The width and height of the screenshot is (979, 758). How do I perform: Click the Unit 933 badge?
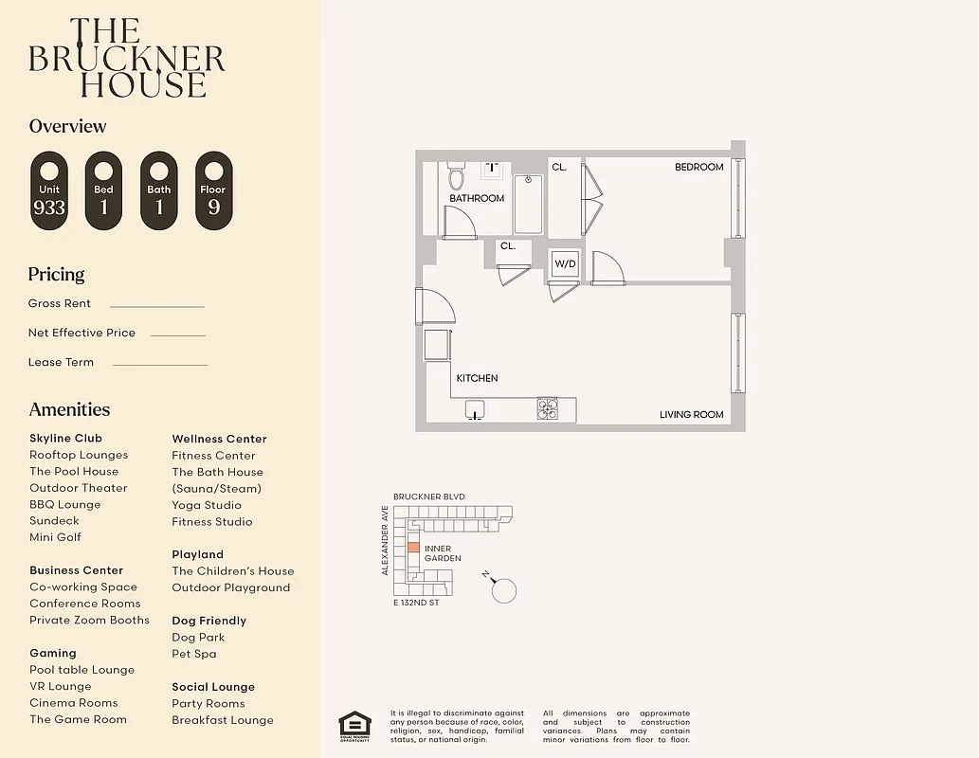click(x=49, y=191)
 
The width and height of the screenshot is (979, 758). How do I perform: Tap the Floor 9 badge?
click(x=213, y=191)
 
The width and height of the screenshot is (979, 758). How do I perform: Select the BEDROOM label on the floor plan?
click(x=698, y=167)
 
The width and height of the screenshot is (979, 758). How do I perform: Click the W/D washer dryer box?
click(x=565, y=262)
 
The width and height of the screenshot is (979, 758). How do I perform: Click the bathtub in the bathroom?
click(x=529, y=203)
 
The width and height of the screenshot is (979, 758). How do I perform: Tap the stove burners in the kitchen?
click(x=548, y=409)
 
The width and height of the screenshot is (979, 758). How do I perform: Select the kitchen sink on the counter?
click(x=476, y=409)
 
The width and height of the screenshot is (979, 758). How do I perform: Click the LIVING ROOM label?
click(x=691, y=414)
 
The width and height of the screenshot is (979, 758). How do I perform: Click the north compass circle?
click(x=504, y=590)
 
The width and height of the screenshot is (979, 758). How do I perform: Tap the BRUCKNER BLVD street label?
click(x=428, y=496)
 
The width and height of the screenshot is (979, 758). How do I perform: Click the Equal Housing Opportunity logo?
click(x=354, y=726)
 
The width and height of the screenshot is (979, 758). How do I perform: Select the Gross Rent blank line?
click(x=156, y=306)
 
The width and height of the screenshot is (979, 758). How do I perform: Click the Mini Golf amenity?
click(x=55, y=537)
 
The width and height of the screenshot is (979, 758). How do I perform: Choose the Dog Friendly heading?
click(x=208, y=621)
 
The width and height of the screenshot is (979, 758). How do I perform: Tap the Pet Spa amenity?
click(x=193, y=654)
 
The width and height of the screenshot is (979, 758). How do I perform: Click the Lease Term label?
click(x=61, y=362)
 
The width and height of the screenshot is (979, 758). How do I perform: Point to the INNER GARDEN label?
click(x=443, y=553)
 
